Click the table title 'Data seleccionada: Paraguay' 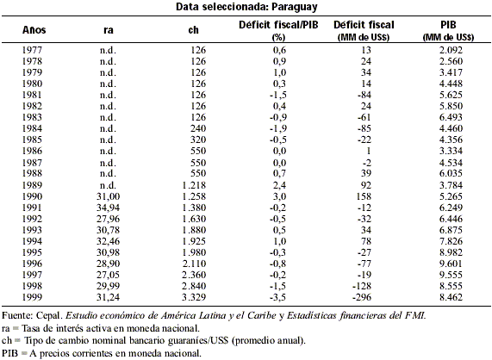(x=246, y=7)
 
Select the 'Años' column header (x=34, y=30)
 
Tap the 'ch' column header (x=193, y=30)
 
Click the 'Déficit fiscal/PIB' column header (x=278, y=25)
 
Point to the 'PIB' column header (x=448, y=25)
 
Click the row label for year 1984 (x=32, y=128)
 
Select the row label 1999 (x=32, y=297)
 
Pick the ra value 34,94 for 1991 (x=108, y=208)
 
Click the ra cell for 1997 (x=108, y=275)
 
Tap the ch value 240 (x=198, y=128)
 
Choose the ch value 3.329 (x=194, y=297)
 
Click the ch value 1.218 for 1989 (x=194, y=185)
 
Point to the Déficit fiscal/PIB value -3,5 (x=278, y=297)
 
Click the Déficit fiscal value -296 (x=362, y=297)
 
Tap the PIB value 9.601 (x=451, y=264)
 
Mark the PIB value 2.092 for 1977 (x=451, y=50)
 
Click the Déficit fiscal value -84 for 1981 (x=364, y=95)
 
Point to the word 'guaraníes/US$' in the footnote (x=197, y=340)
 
